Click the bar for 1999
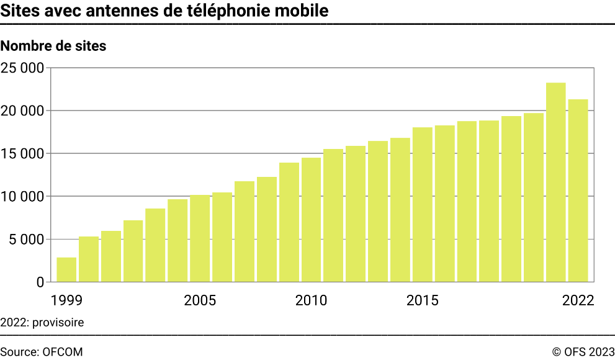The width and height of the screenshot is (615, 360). tap(66, 269)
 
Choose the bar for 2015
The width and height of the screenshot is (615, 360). tap(422, 204)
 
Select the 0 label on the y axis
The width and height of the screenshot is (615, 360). tap(40, 282)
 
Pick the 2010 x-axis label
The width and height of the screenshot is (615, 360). tap(311, 301)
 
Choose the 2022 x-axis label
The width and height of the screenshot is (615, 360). tap(578, 301)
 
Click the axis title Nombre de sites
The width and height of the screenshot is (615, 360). tap(53, 46)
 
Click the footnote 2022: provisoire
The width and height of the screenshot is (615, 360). tap(42, 322)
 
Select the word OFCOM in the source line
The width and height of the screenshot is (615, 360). tap(62, 351)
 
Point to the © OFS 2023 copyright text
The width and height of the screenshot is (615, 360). tap(583, 351)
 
